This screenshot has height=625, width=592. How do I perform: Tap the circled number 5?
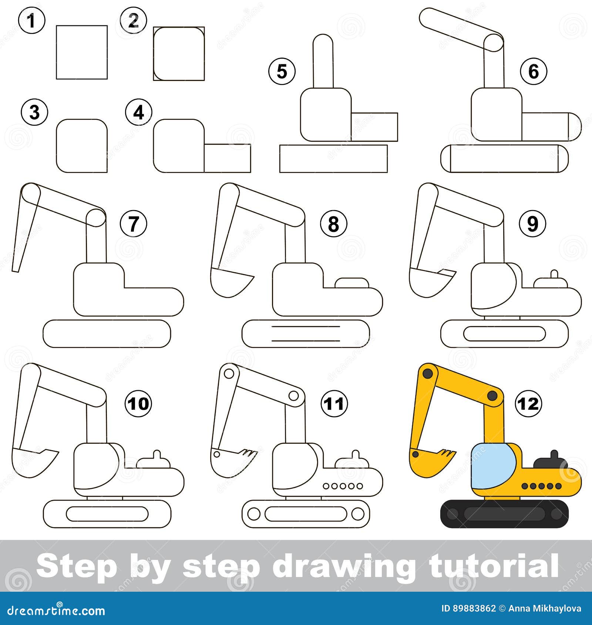pyautogui.click(x=282, y=71)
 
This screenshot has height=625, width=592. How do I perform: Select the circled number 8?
pyautogui.click(x=333, y=224)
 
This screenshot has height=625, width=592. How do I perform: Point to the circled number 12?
pyautogui.click(x=528, y=403)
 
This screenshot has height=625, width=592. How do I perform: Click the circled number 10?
pyautogui.click(x=139, y=403)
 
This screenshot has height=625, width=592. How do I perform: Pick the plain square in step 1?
pyautogui.click(x=82, y=52)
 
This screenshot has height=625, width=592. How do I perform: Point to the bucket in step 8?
pyautogui.click(x=229, y=282)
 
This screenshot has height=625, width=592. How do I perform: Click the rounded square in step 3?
pyautogui.click(x=82, y=146)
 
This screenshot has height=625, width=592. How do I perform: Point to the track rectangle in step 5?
pyautogui.click(x=333, y=159)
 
